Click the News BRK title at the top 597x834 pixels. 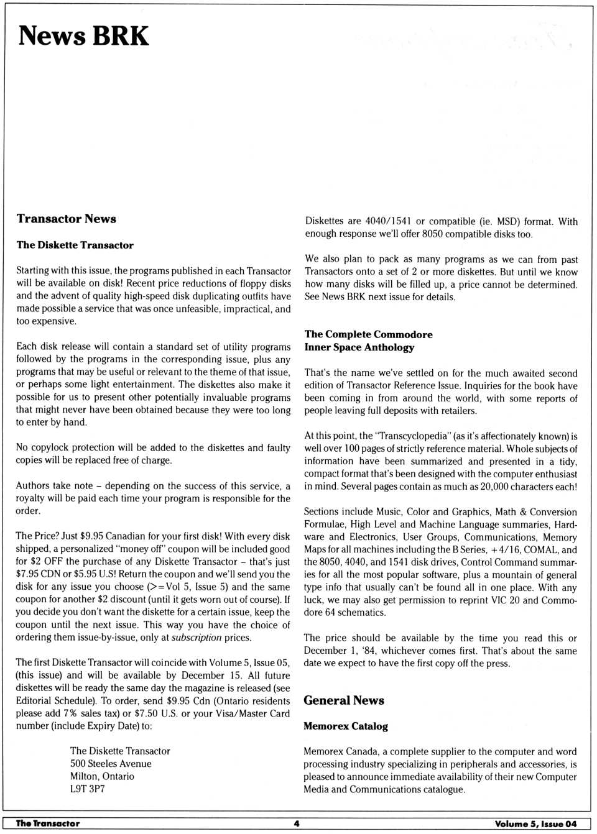(x=83, y=36)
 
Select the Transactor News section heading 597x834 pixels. (x=67, y=219)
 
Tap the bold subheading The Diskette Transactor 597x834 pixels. (x=75, y=245)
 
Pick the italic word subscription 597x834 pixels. (x=197, y=638)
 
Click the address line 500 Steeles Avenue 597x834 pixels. (x=111, y=764)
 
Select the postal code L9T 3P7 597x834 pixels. (x=88, y=789)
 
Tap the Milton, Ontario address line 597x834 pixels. (x=102, y=776)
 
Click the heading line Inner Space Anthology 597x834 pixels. (x=359, y=347)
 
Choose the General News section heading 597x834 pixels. (x=343, y=700)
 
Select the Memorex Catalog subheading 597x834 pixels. (x=345, y=726)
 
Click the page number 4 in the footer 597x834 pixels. (x=297, y=824)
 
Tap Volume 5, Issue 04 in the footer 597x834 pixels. (x=535, y=824)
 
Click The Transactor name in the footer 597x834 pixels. (x=48, y=824)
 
